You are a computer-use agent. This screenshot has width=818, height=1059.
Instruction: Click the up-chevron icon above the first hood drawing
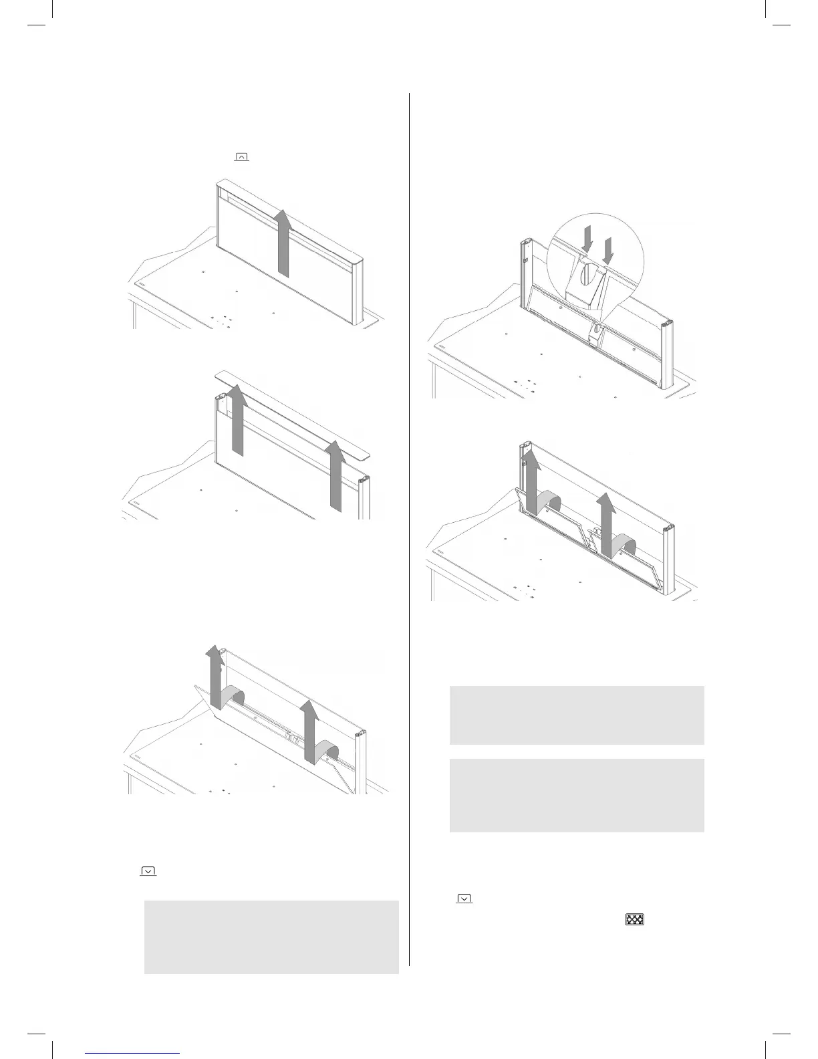[x=241, y=157]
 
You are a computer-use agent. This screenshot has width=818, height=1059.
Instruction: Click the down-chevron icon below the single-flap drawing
[x=148, y=871]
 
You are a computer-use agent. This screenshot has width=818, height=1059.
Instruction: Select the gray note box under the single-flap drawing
[x=271, y=937]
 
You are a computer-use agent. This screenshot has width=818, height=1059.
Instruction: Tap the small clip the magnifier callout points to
[x=592, y=330]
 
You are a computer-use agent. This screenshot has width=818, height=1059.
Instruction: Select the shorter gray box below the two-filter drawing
[x=577, y=715]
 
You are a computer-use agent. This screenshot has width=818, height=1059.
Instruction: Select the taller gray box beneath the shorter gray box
[x=577, y=795]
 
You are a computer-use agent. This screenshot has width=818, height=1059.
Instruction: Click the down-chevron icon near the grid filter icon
[x=464, y=899]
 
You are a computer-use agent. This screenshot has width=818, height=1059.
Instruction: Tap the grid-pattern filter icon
[x=634, y=919]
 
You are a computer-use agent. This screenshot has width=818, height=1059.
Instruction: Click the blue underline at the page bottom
[x=133, y=1054]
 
